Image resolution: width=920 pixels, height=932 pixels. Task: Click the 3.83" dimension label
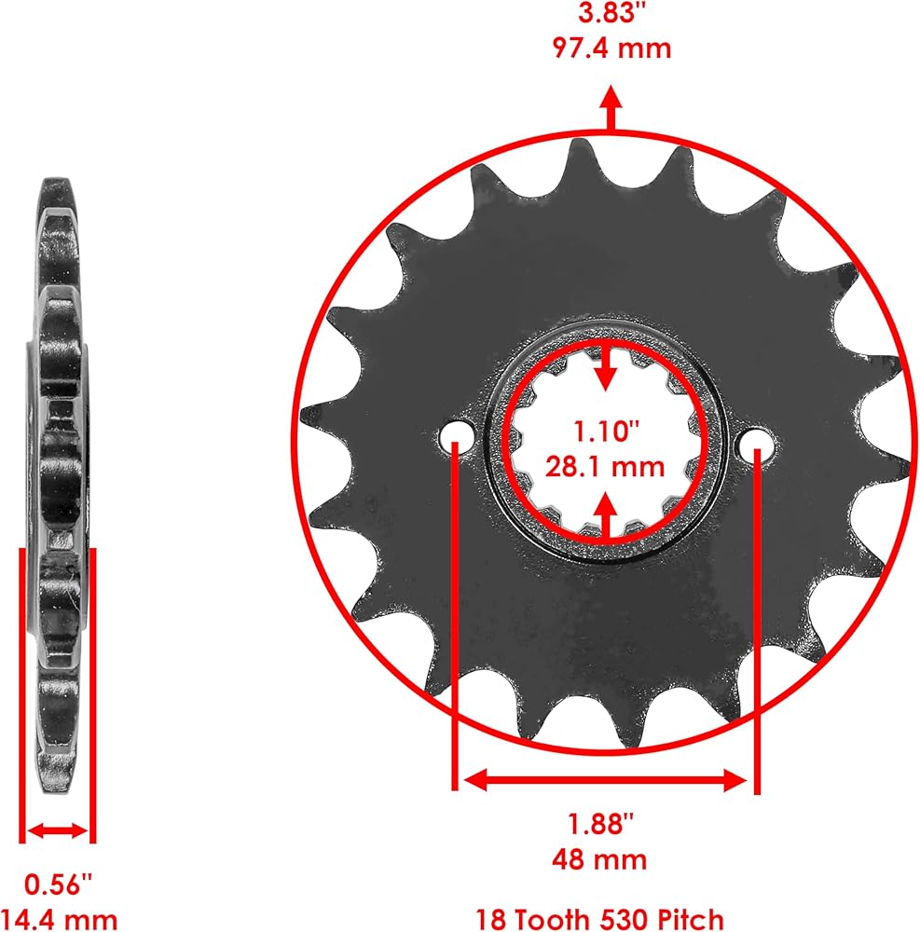coord(611,12)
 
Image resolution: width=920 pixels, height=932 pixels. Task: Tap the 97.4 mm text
coord(611,48)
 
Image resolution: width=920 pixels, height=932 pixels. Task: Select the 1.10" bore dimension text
coord(605,431)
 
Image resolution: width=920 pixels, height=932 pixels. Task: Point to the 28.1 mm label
coord(605,467)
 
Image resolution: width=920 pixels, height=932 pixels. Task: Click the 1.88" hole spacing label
coord(600,823)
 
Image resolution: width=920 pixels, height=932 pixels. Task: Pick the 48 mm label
coord(599,859)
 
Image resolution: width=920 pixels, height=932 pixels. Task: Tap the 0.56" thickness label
coord(58,884)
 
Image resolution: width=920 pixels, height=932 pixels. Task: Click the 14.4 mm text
coord(59,919)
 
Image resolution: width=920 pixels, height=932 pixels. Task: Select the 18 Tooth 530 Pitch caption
coord(599,919)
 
